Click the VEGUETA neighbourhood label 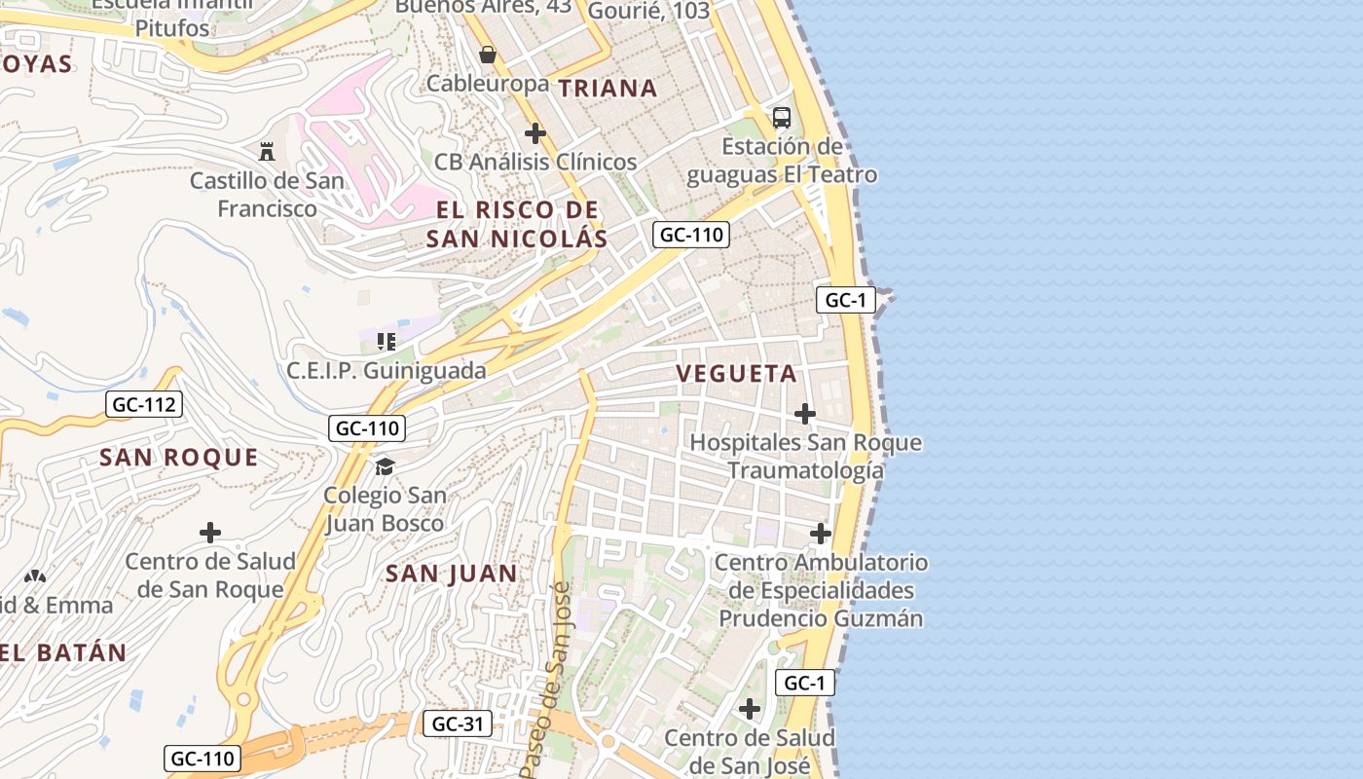(736, 374)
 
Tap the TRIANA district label (608, 89)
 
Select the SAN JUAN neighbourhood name (452, 574)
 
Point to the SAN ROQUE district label (179, 458)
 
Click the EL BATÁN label (64, 653)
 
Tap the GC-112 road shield (144, 404)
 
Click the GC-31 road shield (457, 723)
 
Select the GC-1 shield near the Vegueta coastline (845, 300)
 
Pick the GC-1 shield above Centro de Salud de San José (805, 683)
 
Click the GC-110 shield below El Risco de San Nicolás (691, 235)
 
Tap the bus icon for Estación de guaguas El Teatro (781, 118)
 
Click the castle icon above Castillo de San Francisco (266, 151)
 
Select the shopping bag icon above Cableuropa (488, 55)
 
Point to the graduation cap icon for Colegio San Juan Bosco (385, 466)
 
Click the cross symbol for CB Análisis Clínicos (534, 133)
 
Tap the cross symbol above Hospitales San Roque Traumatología (804, 414)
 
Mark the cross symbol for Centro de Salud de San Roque (209, 533)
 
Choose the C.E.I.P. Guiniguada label (387, 371)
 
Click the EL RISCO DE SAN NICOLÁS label (517, 224)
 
